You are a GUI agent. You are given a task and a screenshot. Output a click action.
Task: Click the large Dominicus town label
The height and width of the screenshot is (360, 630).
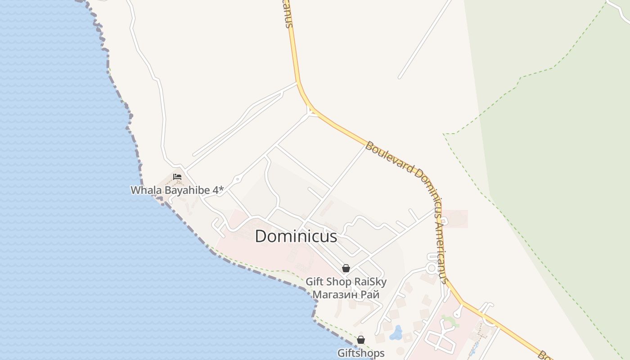pos(296,236)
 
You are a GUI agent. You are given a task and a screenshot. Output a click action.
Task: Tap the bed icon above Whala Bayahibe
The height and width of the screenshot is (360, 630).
pos(177,177)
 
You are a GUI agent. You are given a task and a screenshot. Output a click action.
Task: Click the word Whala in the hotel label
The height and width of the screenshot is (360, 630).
pos(146,190)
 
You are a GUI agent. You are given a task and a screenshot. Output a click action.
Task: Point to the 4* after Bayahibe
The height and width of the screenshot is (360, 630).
pos(218,190)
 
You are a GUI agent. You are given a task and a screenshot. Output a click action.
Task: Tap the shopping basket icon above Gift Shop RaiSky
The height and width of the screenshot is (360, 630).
pos(346,268)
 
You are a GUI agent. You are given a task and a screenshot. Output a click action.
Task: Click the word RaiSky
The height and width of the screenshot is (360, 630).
pos(371,282)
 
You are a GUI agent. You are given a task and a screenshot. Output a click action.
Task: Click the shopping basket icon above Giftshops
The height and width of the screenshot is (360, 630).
pos(360,340)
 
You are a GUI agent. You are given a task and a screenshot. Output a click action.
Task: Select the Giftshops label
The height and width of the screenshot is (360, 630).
pos(361,353)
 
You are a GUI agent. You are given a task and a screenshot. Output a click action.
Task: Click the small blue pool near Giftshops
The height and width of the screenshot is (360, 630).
pos(396,333)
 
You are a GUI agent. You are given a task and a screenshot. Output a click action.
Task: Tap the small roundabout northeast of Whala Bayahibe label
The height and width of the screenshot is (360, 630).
pos(237,179)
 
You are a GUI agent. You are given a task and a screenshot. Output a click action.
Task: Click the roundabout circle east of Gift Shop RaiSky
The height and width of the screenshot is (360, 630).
pos(432,268)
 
